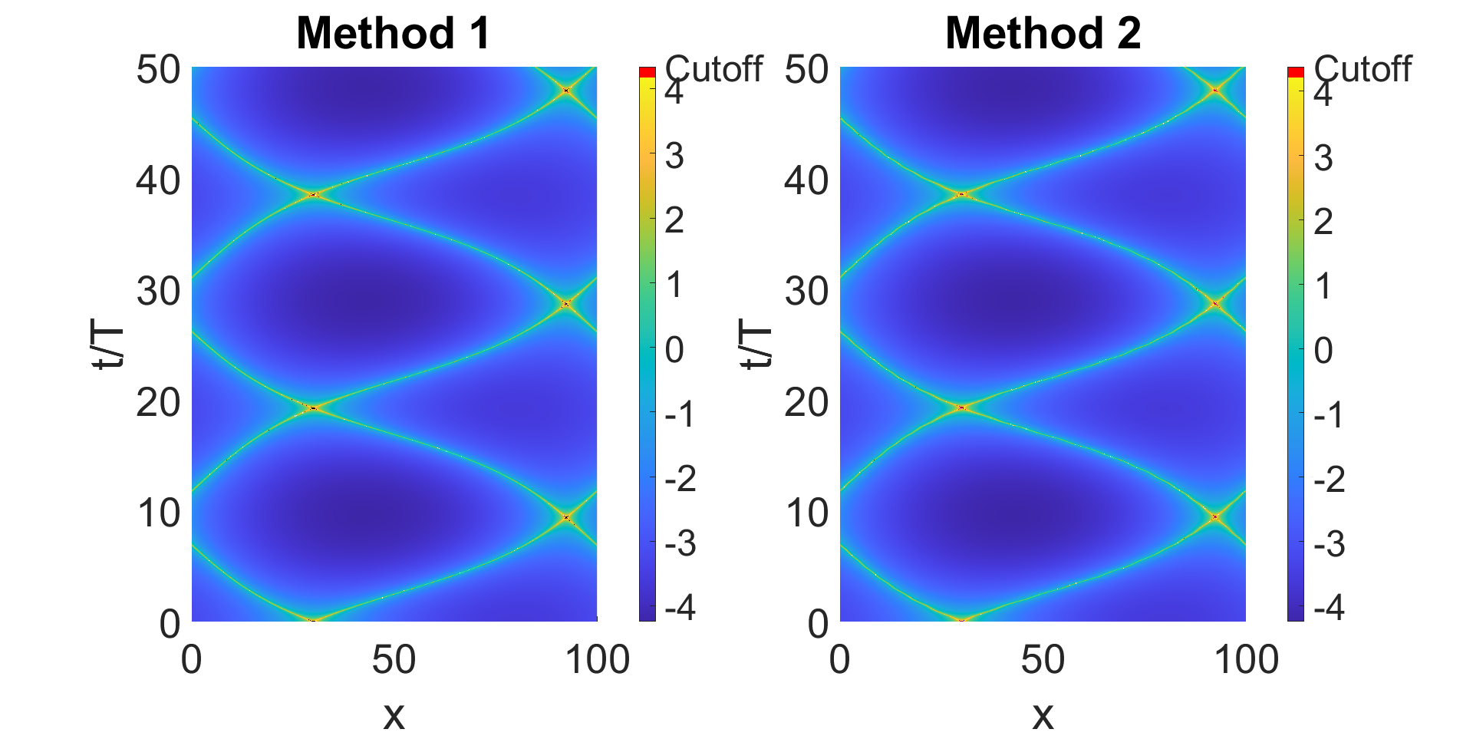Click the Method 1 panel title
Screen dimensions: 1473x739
point(393,34)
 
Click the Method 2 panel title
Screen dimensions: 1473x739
point(1043,34)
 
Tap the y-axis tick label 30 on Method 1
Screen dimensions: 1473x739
point(159,291)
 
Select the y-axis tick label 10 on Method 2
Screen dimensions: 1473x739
point(807,513)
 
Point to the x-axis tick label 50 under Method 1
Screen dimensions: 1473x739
point(394,660)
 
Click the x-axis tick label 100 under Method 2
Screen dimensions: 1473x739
point(1246,660)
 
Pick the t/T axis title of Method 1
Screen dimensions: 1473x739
point(109,345)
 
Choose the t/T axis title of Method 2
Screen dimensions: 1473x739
point(757,345)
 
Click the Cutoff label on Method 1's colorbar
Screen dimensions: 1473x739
point(713,69)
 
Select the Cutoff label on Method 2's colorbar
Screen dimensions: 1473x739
point(1363,69)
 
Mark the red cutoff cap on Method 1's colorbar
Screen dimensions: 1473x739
point(648,72)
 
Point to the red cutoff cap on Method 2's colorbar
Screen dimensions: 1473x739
point(1296,72)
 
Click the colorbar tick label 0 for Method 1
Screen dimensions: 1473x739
point(674,350)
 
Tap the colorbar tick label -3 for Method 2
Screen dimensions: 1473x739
point(1329,544)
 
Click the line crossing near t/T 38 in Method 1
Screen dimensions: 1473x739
point(313,195)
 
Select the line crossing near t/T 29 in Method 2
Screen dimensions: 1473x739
point(1215,304)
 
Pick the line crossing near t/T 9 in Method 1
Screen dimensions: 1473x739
point(566,517)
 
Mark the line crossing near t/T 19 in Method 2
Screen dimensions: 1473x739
point(962,407)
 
